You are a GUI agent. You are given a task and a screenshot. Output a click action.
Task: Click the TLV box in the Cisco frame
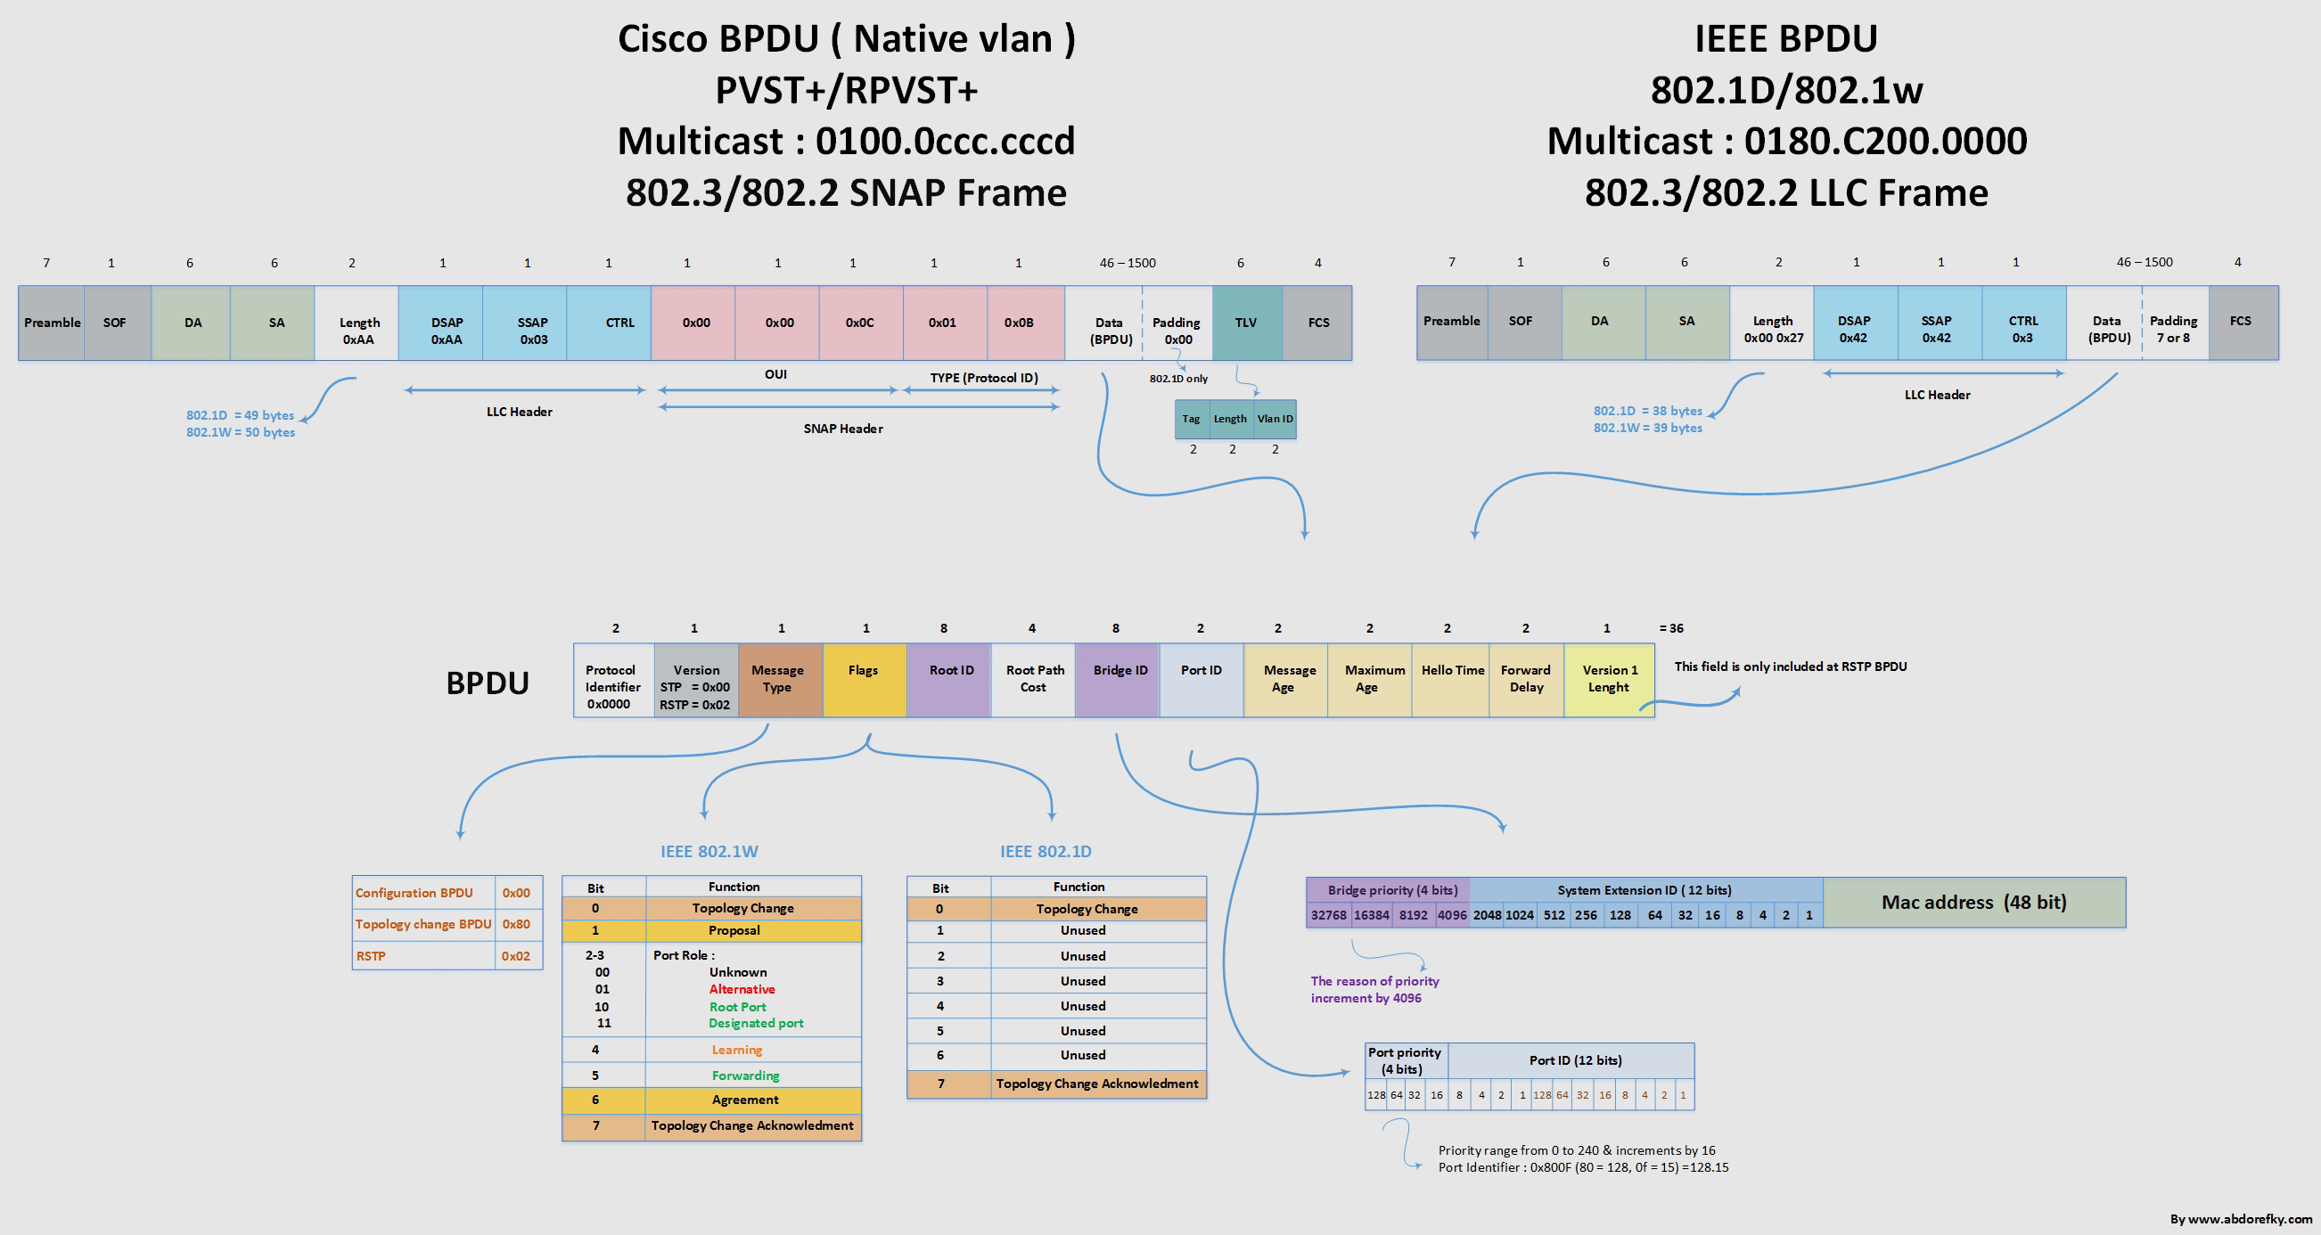coord(1247,323)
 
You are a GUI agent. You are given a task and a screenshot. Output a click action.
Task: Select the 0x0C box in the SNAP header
coord(860,323)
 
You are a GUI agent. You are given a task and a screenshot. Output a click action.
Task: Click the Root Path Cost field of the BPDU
coord(1033,680)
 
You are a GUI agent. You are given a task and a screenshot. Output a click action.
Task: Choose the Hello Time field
coord(1451,680)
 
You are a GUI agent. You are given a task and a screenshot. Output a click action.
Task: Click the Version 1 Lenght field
coord(1609,680)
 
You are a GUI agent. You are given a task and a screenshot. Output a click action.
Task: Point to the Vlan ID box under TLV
coord(1275,419)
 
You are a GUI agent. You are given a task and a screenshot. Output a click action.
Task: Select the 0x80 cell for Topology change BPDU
coord(517,924)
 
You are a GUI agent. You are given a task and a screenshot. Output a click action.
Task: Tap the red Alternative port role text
coord(742,989)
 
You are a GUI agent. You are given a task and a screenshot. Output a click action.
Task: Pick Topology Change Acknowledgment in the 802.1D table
coord(1097,1084)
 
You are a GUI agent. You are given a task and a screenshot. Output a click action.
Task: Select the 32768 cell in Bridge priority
coord(1328,915)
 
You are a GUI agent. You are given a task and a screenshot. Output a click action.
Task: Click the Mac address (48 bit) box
coord(1974,903)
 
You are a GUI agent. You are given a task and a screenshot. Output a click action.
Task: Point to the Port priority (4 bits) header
coord(1406,1060)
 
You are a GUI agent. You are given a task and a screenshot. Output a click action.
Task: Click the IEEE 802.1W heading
coord(709,851)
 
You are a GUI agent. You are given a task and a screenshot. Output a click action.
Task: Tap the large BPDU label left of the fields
coord(488,683)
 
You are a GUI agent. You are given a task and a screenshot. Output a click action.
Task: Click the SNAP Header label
coord(843,429)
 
